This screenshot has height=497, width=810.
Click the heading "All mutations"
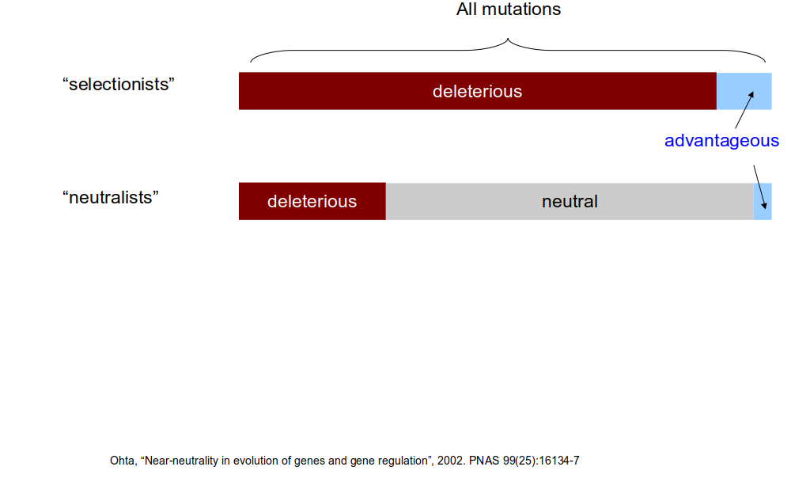point(509,9)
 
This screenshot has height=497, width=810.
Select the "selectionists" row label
point(119,84)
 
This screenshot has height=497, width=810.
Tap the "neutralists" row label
point(110,197)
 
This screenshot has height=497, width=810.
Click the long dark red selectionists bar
point(477,91)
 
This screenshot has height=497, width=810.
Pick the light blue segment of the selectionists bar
point(744,91)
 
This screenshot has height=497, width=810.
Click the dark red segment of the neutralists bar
point(312,201)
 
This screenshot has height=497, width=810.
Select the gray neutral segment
point(570,201)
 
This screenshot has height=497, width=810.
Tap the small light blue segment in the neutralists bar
point(763,201)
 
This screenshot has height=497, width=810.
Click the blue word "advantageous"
point(721,141)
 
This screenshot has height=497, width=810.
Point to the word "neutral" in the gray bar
point(570,201)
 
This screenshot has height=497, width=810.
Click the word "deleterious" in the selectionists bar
point(477,92)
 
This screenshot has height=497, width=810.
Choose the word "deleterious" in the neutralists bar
point(312,202)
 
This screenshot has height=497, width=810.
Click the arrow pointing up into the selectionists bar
point(744,109)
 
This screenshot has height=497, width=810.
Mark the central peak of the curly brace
point(508,38)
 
